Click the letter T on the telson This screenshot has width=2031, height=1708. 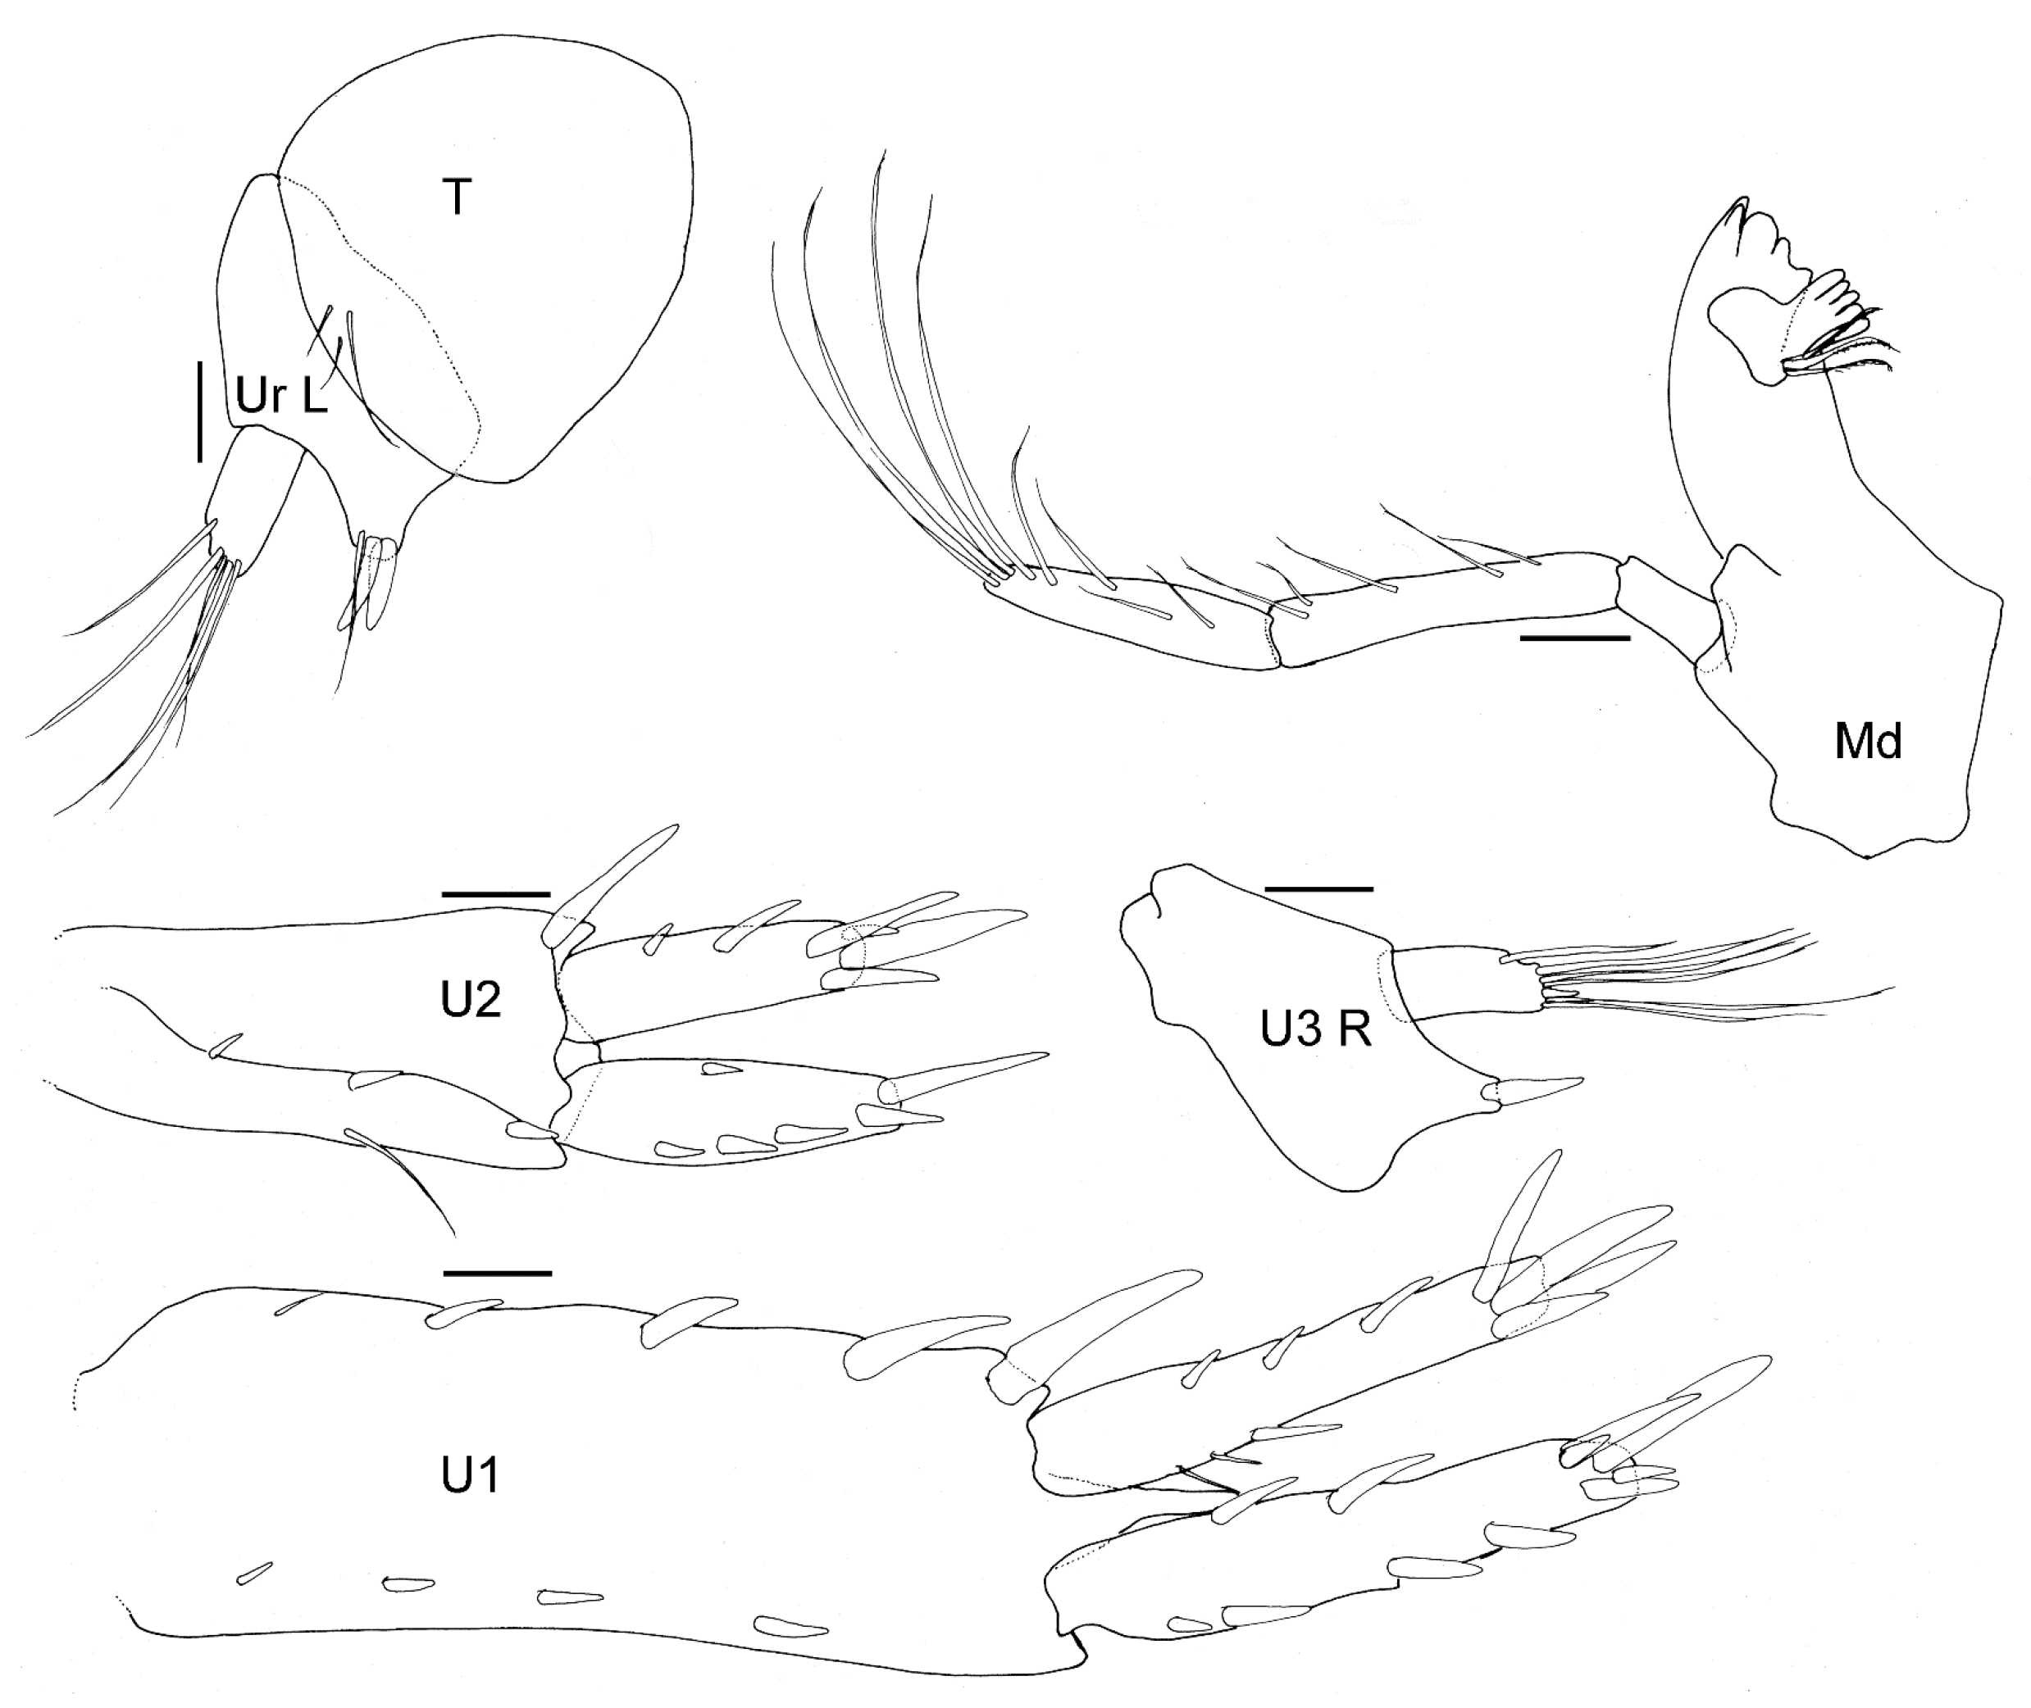[x=458, y=198]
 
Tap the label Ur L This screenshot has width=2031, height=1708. [x=281, y=396]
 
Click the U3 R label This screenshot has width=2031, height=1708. [x=1315, y=1031]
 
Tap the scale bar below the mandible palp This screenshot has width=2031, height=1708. [x=1575, y=638]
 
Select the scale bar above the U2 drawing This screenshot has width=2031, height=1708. [x=496, y=895]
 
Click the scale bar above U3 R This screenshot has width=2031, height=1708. [x=1319, y=887]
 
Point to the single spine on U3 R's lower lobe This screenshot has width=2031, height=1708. [x=1540, y=1090]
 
